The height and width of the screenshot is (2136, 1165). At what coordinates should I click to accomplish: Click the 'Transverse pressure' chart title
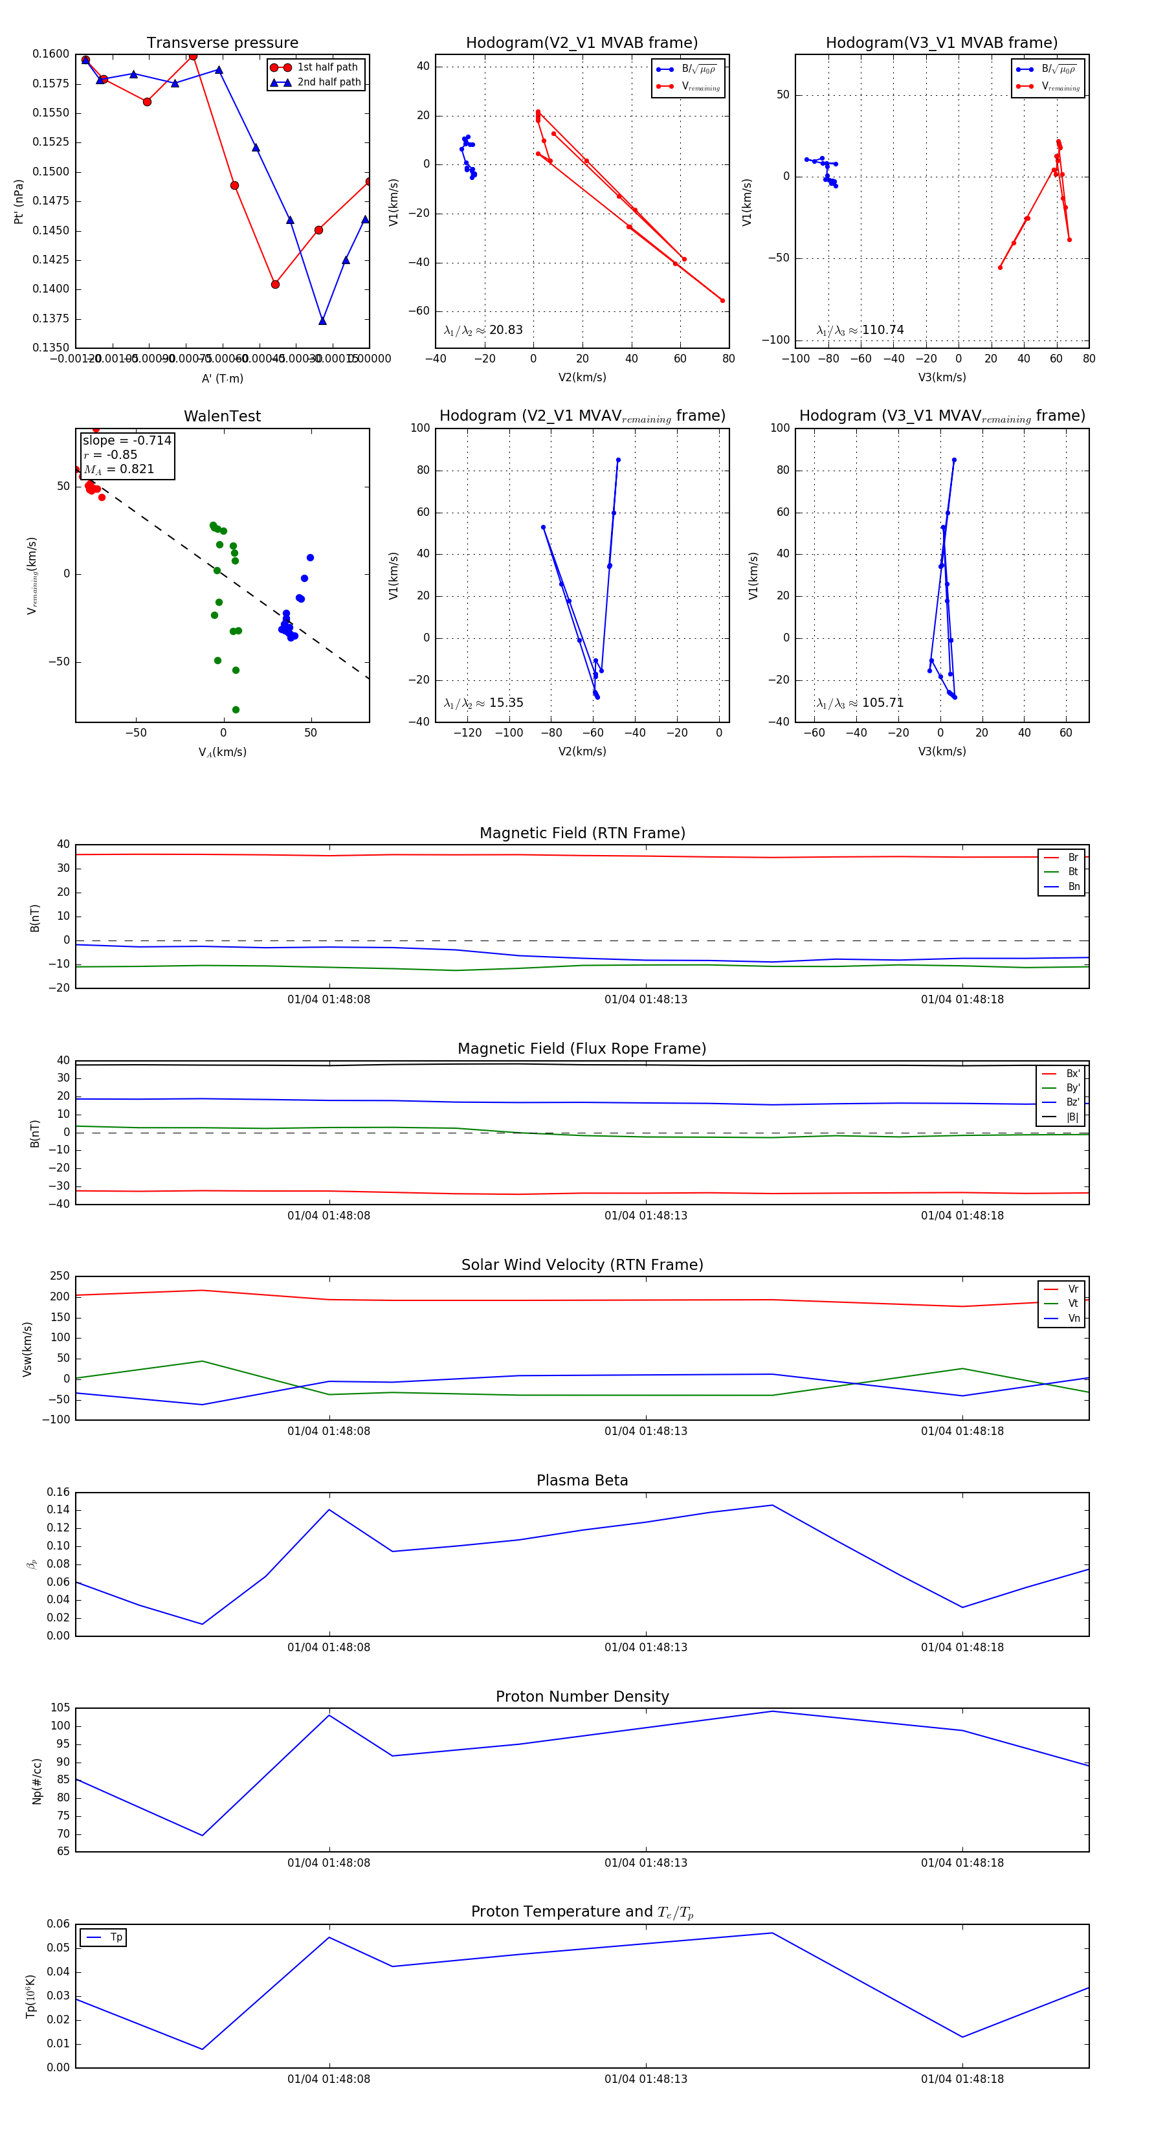tap(222, 43)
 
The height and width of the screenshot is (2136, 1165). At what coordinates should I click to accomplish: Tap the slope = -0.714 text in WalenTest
tap(127, 440)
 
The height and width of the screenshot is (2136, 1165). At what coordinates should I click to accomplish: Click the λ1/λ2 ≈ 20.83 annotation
tap(483, 330)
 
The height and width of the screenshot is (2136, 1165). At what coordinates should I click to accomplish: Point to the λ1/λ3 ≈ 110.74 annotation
tap(860, 330)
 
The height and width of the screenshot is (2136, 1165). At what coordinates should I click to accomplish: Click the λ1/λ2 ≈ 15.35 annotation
tap(483, 703)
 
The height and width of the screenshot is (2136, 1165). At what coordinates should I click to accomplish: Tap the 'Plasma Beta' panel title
tap(582, 1480)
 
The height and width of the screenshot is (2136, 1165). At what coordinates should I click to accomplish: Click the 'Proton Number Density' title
tap(582, 1697)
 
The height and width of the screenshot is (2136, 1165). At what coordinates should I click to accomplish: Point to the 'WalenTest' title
tap(222, 416)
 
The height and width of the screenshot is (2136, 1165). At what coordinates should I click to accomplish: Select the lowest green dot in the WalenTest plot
tap(236, 710)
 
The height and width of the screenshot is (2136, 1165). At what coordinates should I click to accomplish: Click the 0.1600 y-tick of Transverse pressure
tap(50, 54)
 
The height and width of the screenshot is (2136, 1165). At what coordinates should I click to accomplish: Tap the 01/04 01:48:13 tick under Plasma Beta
tap(645, 1647)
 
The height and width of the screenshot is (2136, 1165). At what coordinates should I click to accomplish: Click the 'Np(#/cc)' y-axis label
tap(36, 1781)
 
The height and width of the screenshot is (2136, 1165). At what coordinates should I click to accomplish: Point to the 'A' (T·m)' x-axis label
tap(222, 378)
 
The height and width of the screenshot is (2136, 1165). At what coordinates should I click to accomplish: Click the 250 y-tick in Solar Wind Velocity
tap(60, 1276)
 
